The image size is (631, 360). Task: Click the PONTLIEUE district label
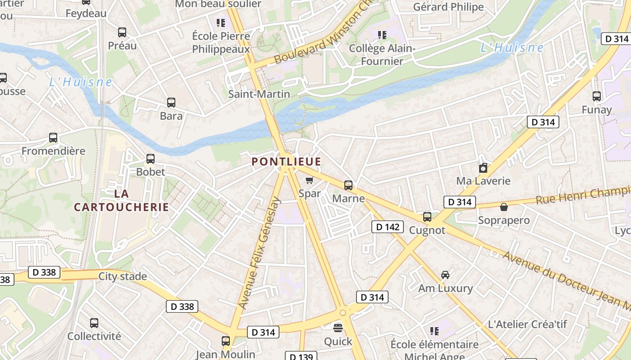286,162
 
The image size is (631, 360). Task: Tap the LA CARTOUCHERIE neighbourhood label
121,200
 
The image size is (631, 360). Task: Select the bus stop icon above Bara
171,103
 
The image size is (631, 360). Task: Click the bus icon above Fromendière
53,138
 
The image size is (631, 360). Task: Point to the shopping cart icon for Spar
309,180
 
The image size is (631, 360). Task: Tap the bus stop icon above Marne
348,185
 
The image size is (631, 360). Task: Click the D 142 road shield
387,227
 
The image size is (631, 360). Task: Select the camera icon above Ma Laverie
483,168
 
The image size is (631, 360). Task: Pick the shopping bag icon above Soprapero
503,207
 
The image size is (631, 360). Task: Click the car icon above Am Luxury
445,274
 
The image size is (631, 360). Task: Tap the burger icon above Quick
338,328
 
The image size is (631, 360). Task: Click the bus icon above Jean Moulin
226,341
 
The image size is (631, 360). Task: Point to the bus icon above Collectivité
94,323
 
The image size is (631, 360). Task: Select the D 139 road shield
301,356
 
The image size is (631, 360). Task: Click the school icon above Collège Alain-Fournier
382,35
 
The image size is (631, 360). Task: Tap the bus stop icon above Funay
597,96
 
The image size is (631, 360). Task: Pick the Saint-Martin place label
259,94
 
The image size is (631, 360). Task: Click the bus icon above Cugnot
427,217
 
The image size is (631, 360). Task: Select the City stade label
123,276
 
